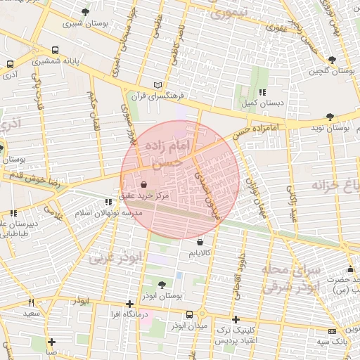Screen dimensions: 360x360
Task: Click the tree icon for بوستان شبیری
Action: click(86, 12)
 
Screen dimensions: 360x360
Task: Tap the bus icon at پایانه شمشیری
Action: click(56, 51)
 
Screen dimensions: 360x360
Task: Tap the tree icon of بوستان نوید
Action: click(330, 117)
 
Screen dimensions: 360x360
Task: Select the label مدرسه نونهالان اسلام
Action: click(113, 212)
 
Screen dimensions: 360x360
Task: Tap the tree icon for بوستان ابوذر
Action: click(162, 285)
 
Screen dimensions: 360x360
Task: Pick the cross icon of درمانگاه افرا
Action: click(129, 304)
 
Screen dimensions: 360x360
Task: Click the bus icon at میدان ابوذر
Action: click(190, 315)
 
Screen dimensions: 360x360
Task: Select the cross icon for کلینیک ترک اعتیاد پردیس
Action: click(236, 319)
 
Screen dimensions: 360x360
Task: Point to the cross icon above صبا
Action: click(51, 342)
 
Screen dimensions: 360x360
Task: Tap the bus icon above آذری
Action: click(11, 63)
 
